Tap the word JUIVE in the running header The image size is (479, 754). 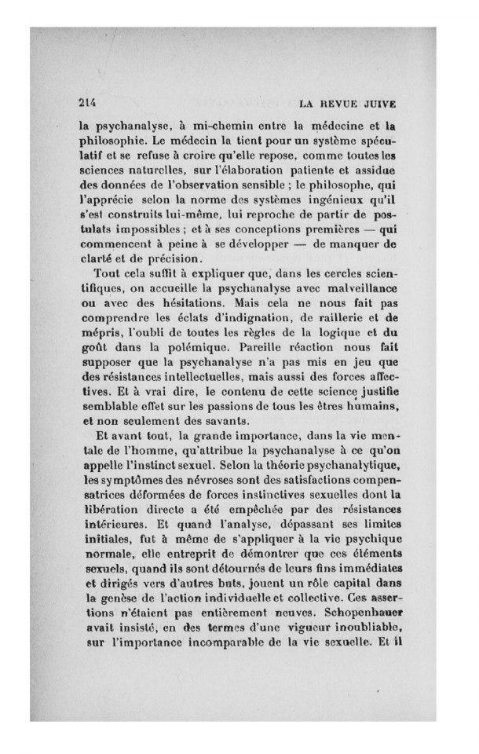[378, 103]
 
